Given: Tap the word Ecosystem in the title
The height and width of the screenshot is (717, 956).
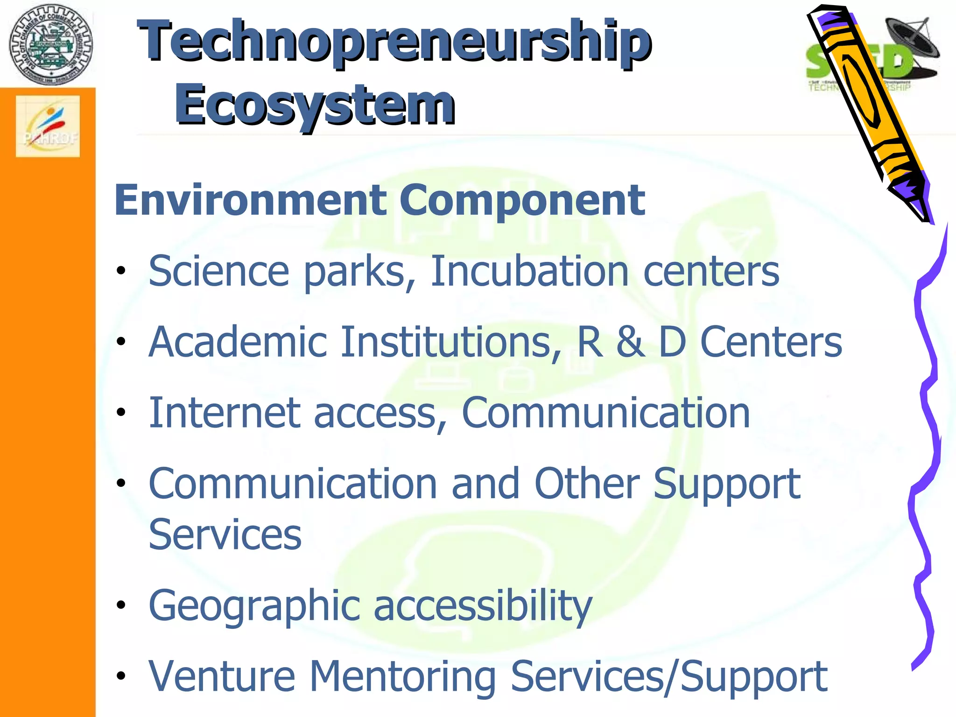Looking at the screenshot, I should (315, 105).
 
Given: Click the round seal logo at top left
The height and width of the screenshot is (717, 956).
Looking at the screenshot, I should (50, 45).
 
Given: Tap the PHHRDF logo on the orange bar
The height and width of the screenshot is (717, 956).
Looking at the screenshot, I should (48, 127).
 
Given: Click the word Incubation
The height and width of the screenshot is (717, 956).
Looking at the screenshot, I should (529, 271).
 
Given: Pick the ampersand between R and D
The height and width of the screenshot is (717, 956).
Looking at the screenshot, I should (630, 342).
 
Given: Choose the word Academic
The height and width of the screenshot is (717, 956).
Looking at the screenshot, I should (238, 342).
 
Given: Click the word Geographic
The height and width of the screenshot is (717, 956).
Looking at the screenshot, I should (254, 606).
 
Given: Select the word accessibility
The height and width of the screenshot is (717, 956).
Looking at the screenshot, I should (483, 605).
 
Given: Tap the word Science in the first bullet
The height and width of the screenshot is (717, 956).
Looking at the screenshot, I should (219, 271).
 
